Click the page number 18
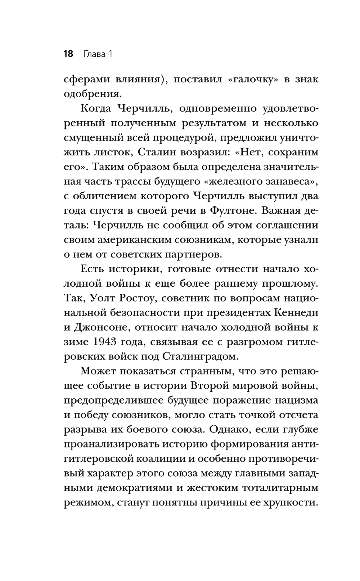pos(68,55)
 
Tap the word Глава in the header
pos(94,55)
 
